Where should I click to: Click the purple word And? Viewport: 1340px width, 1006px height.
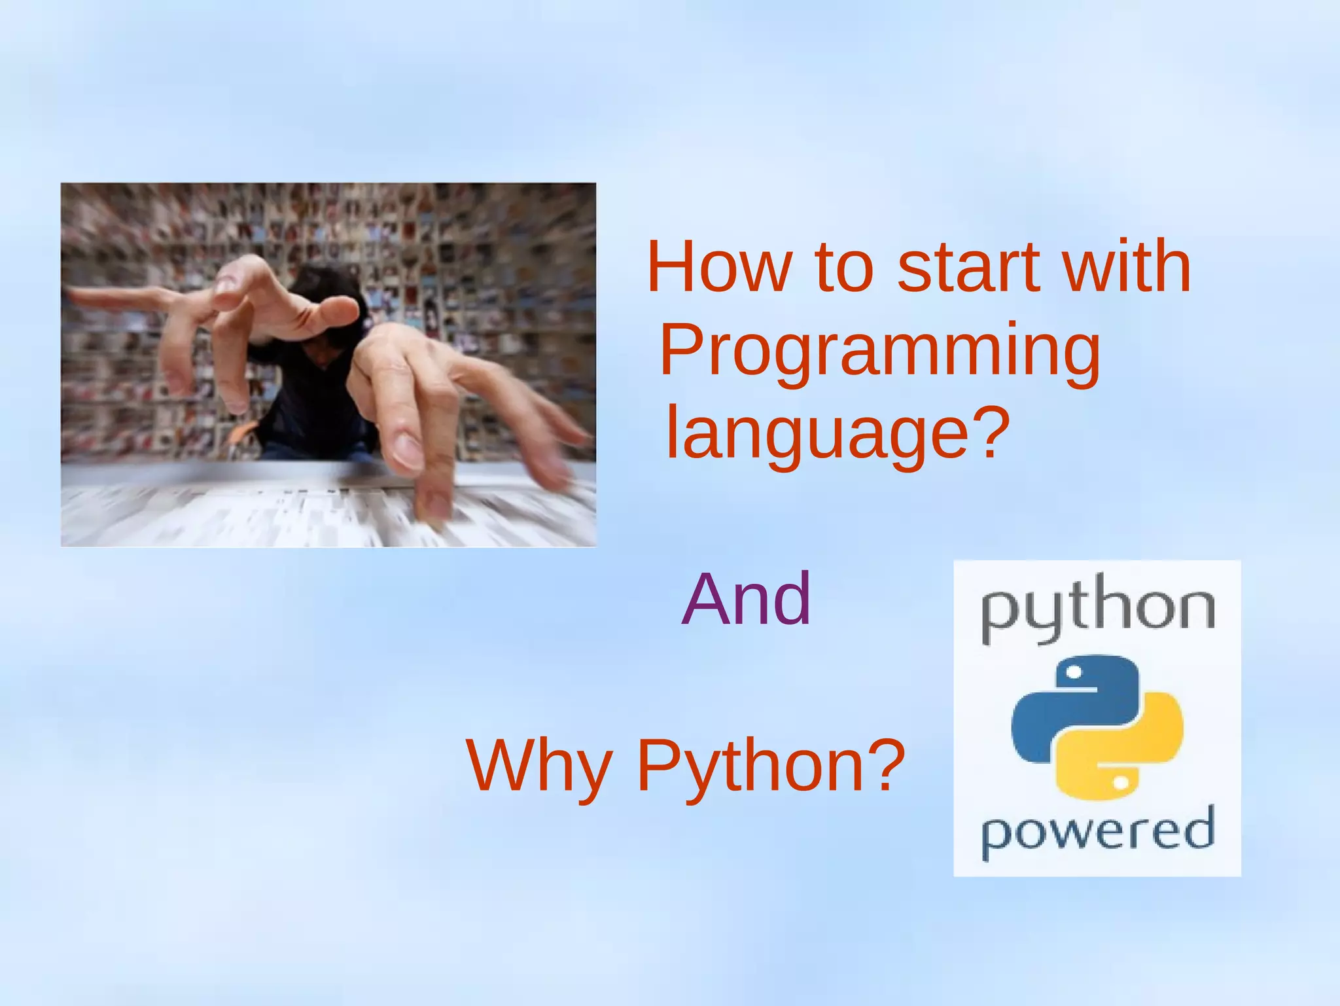[x=746, y=598]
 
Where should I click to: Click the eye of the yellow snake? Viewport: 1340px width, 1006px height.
[x=1120, y=782]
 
